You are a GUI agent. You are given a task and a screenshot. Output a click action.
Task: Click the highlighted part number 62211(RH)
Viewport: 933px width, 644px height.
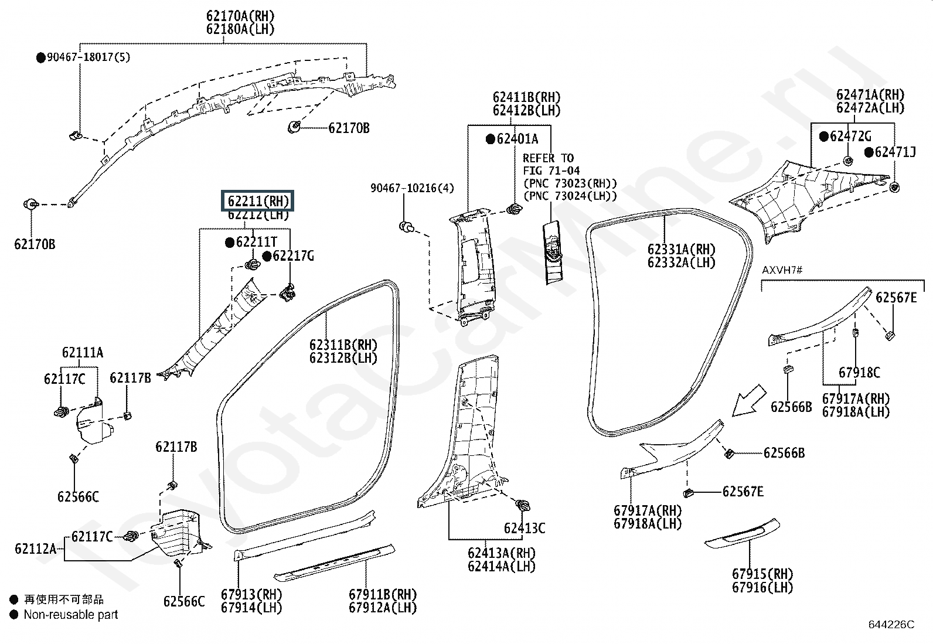258,201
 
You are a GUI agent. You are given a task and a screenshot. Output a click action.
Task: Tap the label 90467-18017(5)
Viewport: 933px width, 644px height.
88,57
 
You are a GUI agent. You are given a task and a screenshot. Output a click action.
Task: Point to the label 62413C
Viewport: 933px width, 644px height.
524,528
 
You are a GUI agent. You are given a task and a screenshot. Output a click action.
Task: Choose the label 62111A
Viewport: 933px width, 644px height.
83,352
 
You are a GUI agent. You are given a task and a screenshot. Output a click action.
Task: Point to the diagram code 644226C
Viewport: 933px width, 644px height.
891,625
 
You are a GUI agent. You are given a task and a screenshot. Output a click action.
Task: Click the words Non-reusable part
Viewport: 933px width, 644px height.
70,615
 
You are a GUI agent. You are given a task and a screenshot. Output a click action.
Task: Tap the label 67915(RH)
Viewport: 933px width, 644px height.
762,574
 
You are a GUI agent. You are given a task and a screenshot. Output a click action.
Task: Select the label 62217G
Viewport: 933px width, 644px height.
293,256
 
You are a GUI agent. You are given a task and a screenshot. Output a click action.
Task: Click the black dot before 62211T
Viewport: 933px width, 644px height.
230,242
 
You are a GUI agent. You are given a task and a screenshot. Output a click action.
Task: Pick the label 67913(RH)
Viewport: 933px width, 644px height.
251,594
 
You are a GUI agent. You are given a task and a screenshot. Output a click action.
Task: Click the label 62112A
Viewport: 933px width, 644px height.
36,549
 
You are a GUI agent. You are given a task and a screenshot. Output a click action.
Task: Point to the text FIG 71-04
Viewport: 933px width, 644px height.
551,171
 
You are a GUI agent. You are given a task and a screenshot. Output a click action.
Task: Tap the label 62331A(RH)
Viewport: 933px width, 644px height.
682,249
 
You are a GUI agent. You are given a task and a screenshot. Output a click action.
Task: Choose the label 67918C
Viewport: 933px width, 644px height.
859,372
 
